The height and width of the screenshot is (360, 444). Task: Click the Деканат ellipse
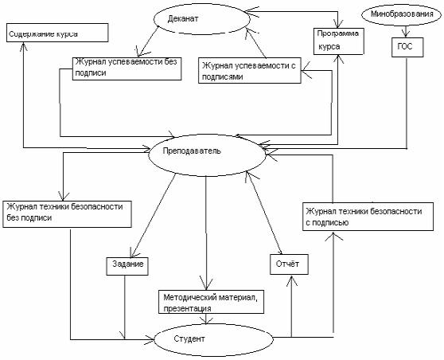(202, 19)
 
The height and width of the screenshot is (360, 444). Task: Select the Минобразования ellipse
(402, 14)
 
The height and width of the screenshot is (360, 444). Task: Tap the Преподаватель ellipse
(207, 155)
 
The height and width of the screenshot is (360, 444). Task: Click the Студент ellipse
(213, 339)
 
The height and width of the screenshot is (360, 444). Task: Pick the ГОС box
(407, 48)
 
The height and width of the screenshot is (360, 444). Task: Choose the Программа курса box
(338, 41)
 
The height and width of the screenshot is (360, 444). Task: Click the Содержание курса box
(57, 33)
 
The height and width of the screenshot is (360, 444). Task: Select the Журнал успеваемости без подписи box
(127, 68)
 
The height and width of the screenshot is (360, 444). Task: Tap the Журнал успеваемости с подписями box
(250, 71)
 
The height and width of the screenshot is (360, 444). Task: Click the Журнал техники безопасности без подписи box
(67, 214)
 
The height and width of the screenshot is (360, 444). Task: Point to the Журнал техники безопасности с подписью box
(368, 217)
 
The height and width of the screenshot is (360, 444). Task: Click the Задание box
(127, 266)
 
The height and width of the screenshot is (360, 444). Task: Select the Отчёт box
(289, 264)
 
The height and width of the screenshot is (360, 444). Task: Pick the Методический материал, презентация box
(211, 302)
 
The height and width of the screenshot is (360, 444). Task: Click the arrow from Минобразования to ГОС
(406, 31)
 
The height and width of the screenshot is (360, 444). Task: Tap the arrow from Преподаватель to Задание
(154, 215)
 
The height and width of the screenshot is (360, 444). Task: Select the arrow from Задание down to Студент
(125, 307)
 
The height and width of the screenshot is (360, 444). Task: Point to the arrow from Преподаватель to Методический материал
(206, 233)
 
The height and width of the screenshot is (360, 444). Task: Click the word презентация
(187, 308)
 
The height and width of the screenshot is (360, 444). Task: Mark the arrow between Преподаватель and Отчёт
(263, 213)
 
